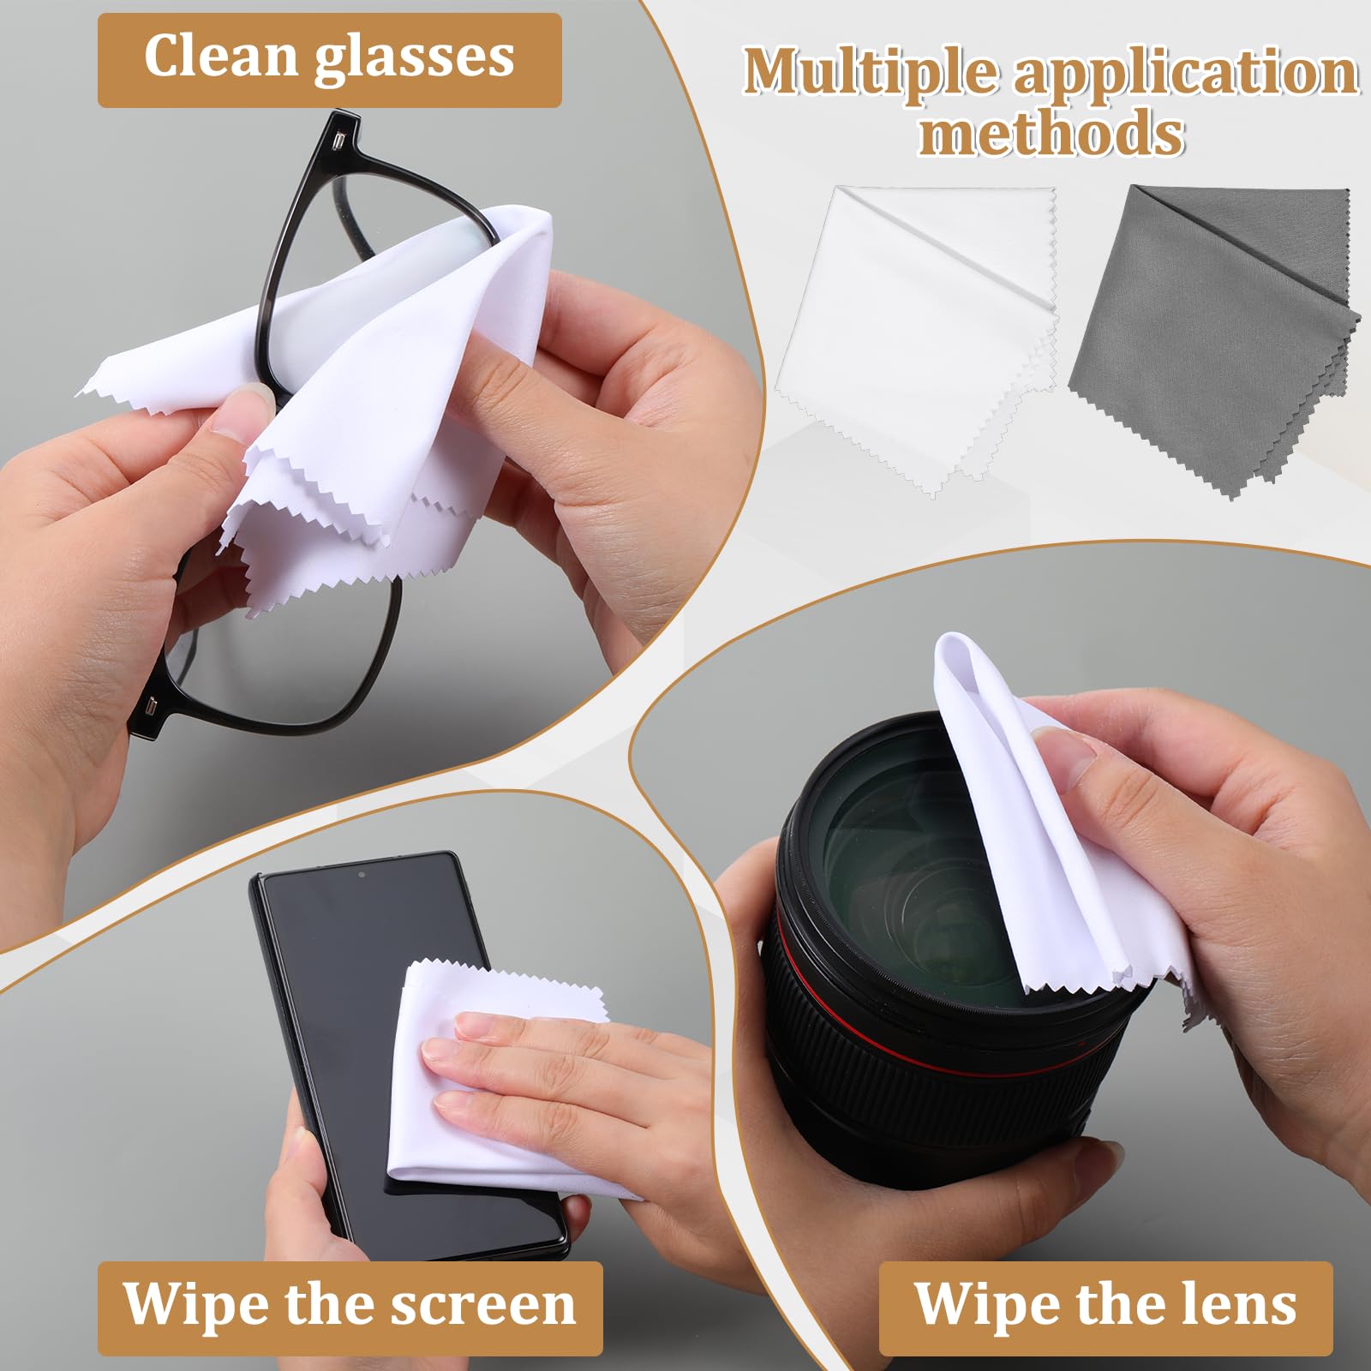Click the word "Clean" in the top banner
pos(220,57)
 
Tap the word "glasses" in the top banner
pos(416,58)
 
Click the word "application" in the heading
pos(1186,72)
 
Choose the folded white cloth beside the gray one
pos(917,334)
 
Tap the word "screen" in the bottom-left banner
pos(483,1304)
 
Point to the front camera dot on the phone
pos(362,875)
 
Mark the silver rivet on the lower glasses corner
pos(151,707)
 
